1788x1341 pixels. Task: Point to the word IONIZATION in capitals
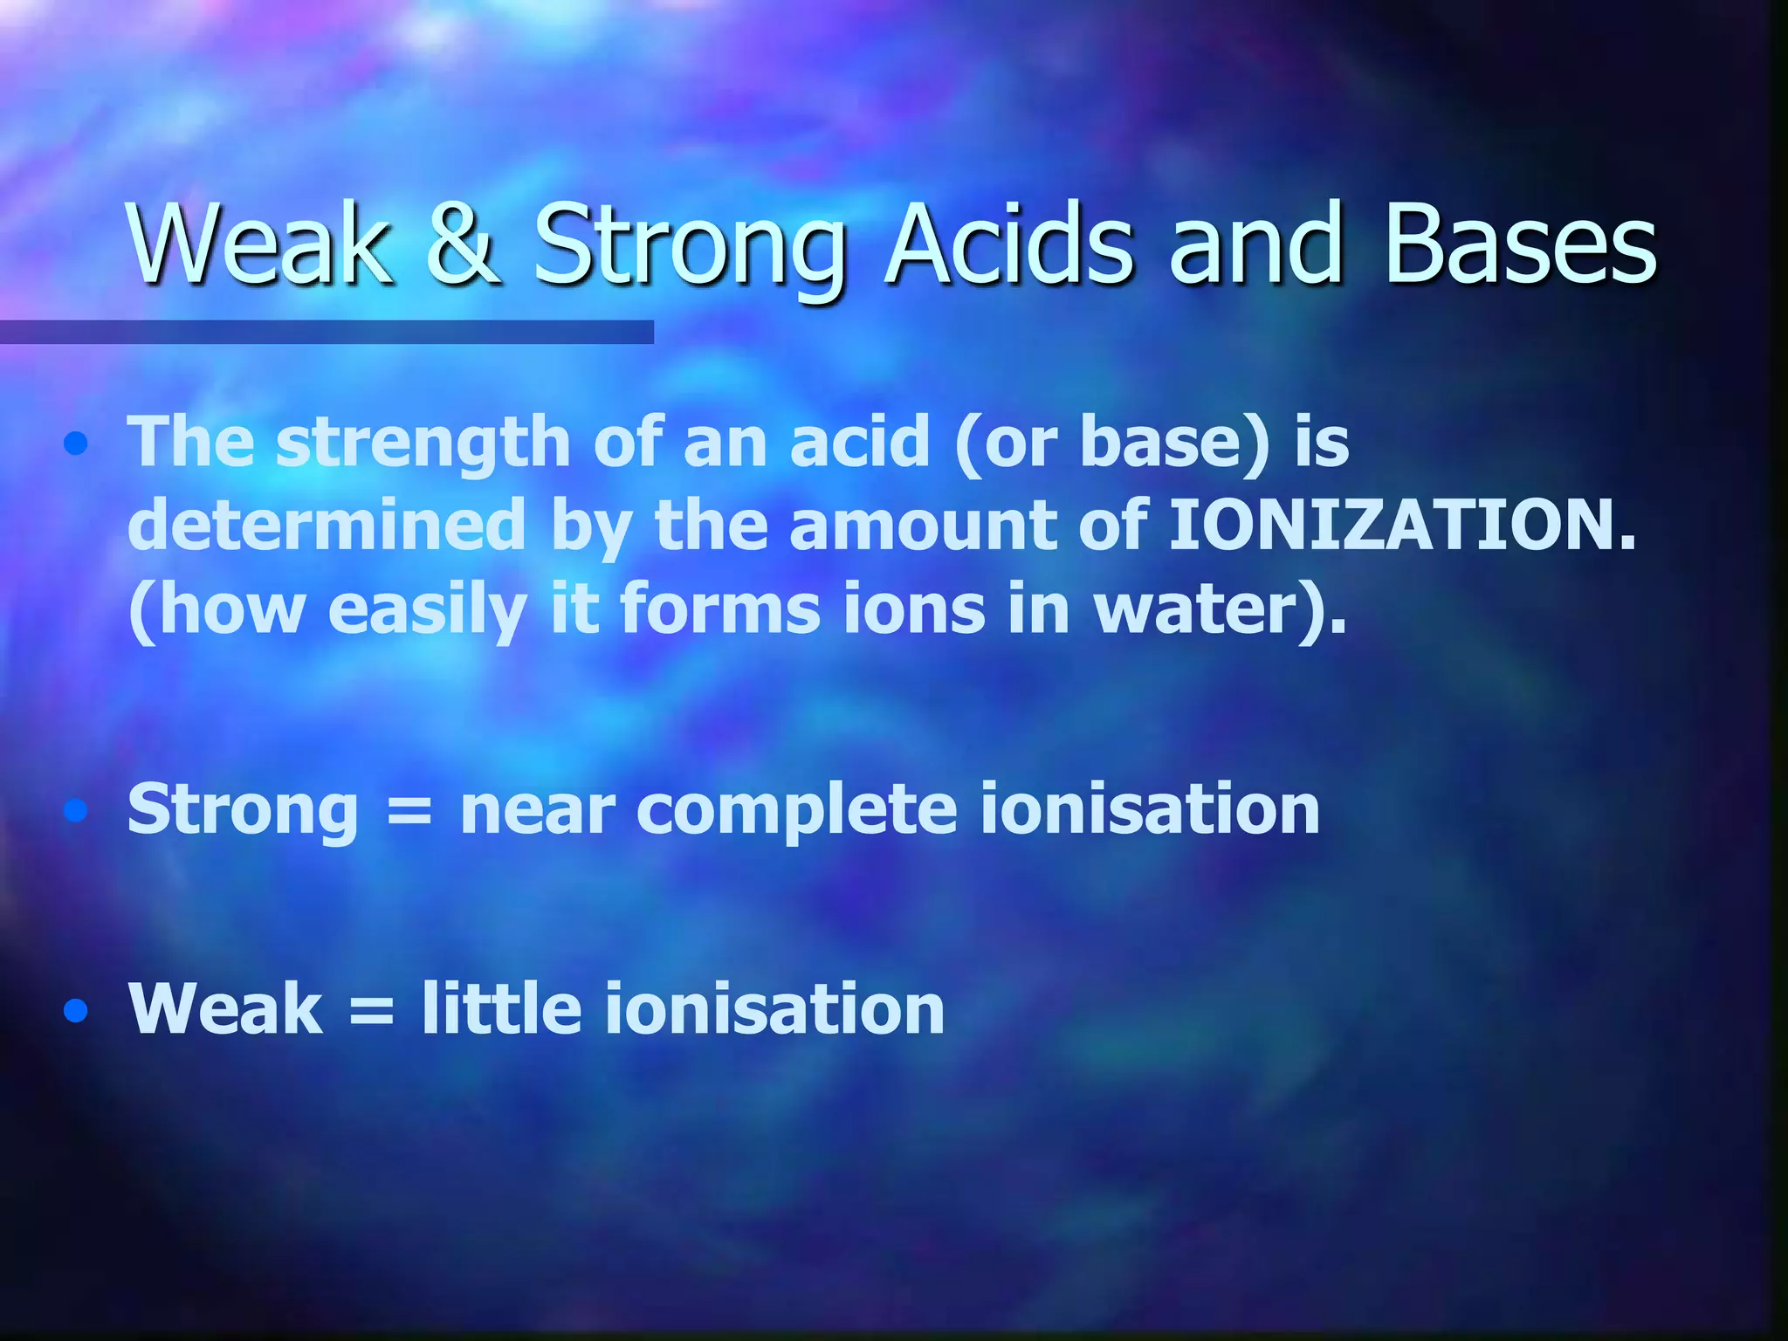(1401, 526)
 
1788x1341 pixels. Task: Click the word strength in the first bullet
(423, 443)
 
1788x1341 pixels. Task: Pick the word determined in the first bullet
(327, 526)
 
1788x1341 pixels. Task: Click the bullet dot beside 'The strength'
(76, 444)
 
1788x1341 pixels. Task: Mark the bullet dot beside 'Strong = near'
(76, 812)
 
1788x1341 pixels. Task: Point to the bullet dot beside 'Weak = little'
(76, 1011)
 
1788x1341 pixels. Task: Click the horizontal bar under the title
(327, 332)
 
